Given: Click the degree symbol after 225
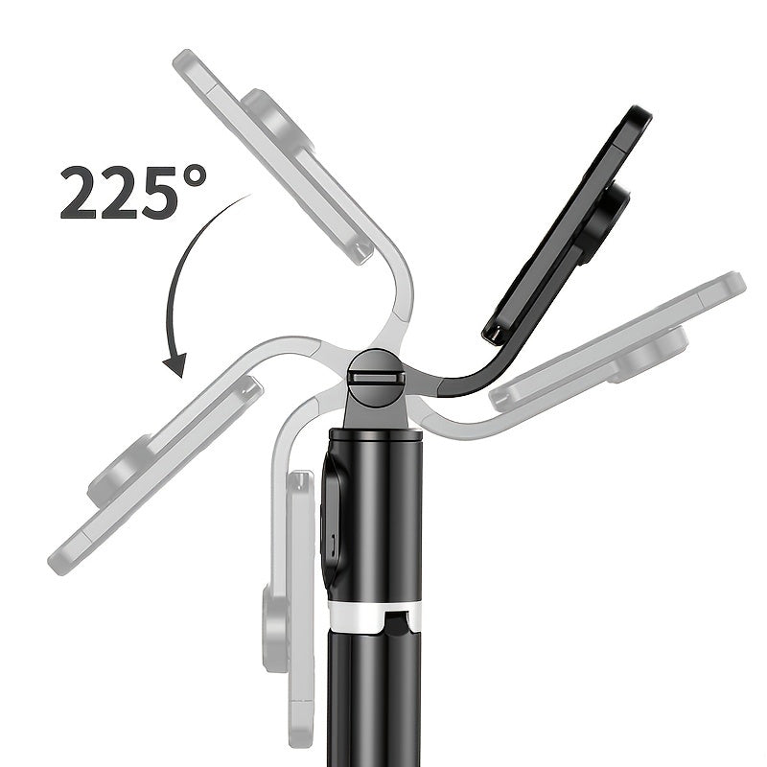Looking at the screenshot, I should tap(189, 179).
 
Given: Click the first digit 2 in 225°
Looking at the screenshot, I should tap(80, 193).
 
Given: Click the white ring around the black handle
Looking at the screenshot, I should tap(376, 614).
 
